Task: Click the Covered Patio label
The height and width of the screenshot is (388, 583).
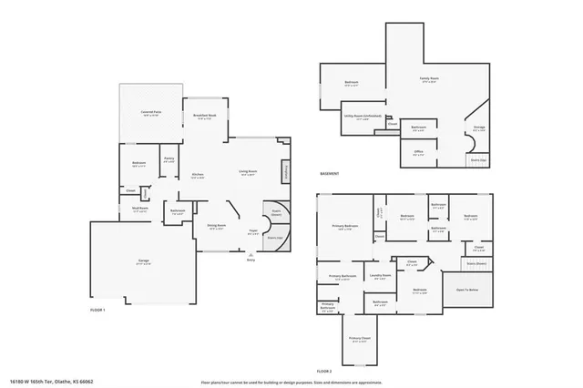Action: point(150,114)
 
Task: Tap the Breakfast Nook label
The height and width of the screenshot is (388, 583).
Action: point(204,117)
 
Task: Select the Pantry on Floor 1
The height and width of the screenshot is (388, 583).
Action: point(169,159)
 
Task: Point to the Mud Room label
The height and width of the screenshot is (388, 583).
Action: point(139,209)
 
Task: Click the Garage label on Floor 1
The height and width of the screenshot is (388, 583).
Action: point(143,261)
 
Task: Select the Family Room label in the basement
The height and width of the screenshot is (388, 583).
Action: point(427,81)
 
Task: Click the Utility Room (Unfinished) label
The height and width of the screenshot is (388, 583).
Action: point(363,117)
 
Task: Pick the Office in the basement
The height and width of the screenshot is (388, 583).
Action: point(418,153)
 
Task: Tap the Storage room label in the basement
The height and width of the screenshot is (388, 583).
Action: point(478,129)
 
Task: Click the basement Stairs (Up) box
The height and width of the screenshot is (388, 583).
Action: point(478,159)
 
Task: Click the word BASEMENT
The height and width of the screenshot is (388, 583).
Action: point(331,174)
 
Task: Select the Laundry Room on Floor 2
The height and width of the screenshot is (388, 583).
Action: point(382,276)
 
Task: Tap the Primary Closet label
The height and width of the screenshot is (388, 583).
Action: point(360,338)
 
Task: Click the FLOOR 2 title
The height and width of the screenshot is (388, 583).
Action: point(324,372)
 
